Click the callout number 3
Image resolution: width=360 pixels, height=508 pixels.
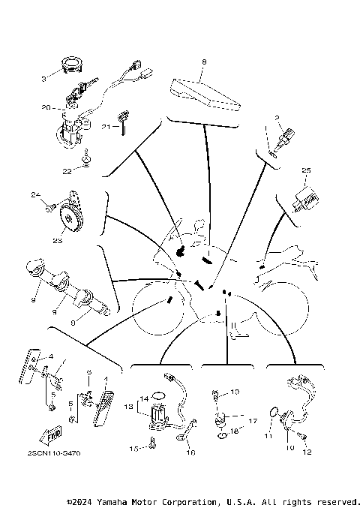43,78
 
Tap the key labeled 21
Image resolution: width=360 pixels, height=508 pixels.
119,128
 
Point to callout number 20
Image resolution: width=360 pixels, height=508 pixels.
46,107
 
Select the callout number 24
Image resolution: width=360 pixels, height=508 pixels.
34,196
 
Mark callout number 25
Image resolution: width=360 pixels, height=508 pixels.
306,170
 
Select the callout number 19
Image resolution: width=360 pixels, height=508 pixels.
235,392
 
